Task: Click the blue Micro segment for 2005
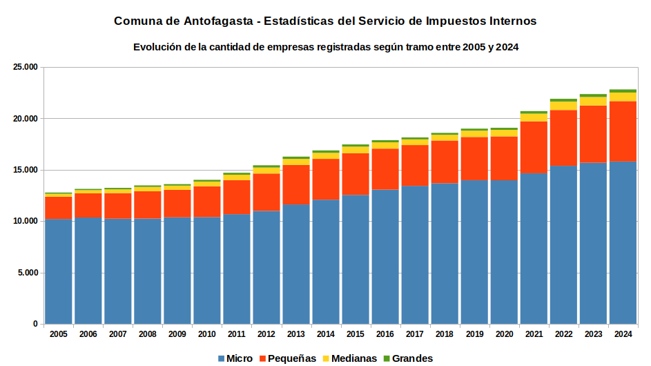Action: click(x=59, y=271)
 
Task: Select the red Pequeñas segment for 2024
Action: click(x=623, y=131)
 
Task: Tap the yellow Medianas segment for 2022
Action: click(x=563, y=106)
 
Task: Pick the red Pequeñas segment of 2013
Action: click(x=296, y=185)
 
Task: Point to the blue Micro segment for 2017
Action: click(x=415, y=255)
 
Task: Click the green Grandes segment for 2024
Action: click(x=623, y=91)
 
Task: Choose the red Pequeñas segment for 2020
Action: click(x=504, y=158)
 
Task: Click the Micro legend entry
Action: click(x=235, y=358)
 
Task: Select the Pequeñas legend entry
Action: click(x=287, y=358)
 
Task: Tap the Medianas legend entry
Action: click(x=349, y=358)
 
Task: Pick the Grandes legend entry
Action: click(x=408, y=358)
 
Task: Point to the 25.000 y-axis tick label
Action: click(x=26, y=67)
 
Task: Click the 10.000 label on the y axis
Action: click(x=26, y=222)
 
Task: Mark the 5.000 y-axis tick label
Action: click(x=28, y=273)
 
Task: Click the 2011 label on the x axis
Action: click(x=237, y=334)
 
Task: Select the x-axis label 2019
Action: click(x=474, y=334)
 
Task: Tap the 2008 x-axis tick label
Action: click(x=147, y=334)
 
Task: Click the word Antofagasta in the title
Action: click(x=218, y=21)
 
